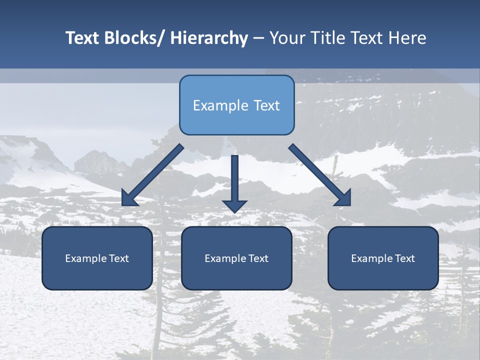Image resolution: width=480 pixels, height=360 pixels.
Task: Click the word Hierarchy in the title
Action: pos(209,38)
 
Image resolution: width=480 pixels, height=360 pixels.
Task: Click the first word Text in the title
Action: pos(83,38)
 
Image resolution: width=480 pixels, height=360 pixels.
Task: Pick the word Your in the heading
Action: pos(286,38)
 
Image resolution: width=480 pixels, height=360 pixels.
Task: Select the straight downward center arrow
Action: pos(235,180)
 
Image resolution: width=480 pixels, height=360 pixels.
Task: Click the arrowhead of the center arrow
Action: pos(235,205)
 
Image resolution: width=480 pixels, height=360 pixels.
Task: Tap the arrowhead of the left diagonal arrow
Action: pos(129,198)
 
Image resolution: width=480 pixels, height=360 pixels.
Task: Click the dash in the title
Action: pos(258,38)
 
